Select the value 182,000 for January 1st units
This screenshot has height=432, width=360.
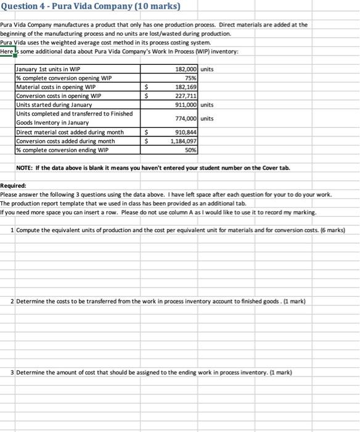(x=186, y=69)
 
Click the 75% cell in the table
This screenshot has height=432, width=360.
(x=191, y=78)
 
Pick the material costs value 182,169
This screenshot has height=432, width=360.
(x=187, y=87)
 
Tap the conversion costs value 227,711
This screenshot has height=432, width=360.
(x=187, y=96)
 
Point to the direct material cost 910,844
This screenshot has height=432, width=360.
(x=187, y=132)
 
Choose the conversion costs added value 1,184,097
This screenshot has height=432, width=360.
(x=184, y=141)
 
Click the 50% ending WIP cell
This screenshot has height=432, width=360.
(x=191, y=149)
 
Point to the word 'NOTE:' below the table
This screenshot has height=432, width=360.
(x=25, y=168)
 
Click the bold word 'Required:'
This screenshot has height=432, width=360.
(x=13, y=186)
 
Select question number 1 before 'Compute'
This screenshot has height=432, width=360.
(x=13, y=230)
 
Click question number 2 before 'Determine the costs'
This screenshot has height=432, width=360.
(x=13, y=301)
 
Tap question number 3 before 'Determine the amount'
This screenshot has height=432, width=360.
(x=13, y=372)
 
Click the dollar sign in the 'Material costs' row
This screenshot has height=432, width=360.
(x=146, y=87)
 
